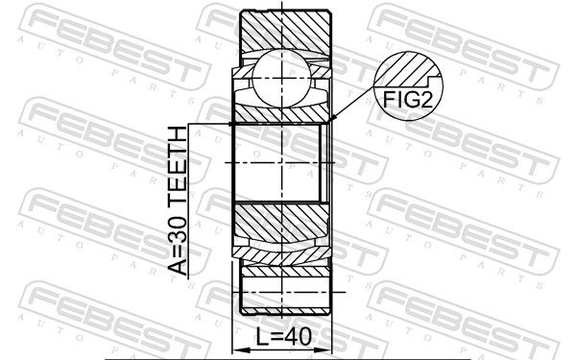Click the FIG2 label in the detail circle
click(407, 99)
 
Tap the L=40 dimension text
click(284, 337)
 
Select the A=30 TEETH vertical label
click(178, 201)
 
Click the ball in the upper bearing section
click(281, 78)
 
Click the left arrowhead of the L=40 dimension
click(239, 350)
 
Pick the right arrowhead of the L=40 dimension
click(324, 350)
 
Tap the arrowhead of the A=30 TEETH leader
click(230, 124)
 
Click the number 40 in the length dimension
click(299, 337)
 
